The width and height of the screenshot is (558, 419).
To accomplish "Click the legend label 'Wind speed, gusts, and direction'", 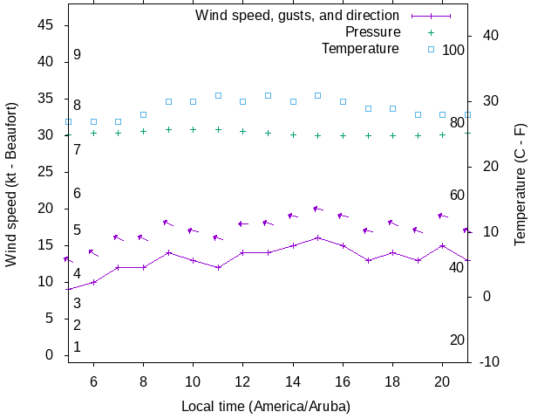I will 297,16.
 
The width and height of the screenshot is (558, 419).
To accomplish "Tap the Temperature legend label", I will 360,49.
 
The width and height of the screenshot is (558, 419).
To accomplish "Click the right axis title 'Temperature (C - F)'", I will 521,184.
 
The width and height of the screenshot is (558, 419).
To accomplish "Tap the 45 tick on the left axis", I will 47,26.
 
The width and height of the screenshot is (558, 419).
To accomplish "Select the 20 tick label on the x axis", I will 442,381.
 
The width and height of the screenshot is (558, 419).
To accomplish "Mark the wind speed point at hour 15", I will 318,237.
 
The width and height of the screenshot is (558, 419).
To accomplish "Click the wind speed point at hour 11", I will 218,267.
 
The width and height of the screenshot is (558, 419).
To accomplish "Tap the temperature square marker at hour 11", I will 218,95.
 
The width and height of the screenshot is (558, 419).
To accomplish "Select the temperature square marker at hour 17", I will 368,108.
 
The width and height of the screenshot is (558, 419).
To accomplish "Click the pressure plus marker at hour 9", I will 168,129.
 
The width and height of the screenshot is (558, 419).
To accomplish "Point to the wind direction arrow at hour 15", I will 318,209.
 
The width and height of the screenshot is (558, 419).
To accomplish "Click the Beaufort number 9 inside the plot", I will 77,55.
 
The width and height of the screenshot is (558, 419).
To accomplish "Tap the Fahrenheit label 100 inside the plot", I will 453,51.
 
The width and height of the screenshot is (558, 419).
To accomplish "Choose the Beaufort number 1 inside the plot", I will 77,347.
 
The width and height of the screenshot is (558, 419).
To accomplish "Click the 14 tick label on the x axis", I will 293,381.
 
